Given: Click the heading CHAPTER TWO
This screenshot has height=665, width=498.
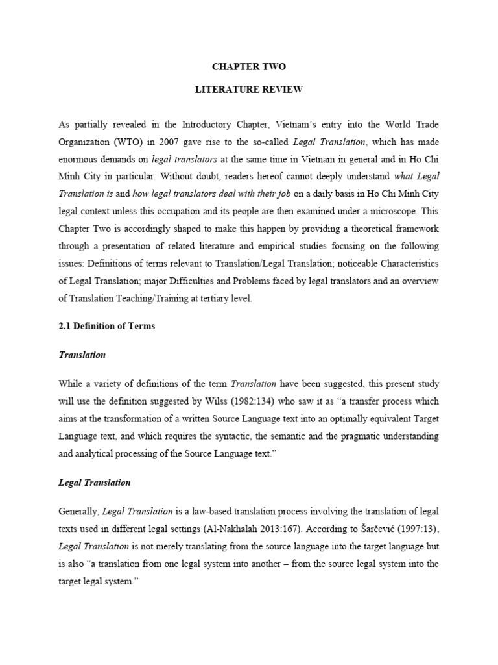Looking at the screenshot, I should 249,66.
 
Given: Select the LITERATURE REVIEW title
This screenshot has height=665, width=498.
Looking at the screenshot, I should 249,90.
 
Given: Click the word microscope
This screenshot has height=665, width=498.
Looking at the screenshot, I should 399,211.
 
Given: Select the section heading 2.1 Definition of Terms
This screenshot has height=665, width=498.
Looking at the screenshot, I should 106,326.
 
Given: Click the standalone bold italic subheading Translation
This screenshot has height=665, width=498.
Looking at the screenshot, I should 82,355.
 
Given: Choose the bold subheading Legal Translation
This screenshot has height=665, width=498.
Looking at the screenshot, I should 95,483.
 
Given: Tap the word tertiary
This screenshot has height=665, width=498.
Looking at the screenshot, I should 200,299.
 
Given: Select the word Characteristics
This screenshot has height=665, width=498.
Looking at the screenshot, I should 406,264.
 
